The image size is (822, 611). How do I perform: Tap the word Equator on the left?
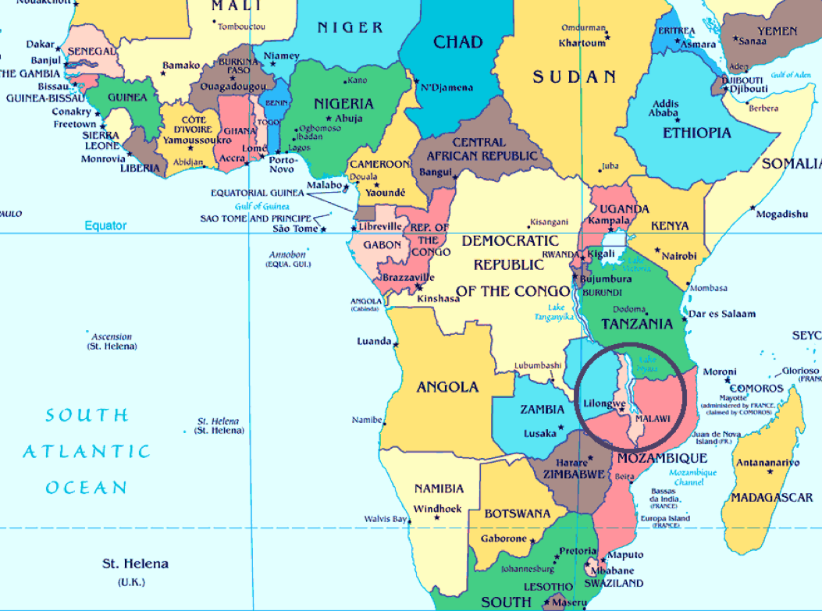105,226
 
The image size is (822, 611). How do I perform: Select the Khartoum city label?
582,43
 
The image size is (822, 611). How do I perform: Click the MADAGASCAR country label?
771,497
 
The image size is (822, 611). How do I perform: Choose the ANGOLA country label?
447,387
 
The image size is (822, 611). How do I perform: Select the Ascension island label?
112,336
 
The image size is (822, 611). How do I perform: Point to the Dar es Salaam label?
723,314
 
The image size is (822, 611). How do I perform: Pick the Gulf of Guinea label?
262,206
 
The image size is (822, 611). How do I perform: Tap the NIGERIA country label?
343,103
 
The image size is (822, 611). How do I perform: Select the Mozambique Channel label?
692,478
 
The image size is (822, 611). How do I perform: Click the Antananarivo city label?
767,463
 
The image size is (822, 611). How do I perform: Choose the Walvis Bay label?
386,519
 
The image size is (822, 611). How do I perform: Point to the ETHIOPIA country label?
697,133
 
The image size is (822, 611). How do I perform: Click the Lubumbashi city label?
538,366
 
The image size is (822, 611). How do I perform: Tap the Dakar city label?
41,44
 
